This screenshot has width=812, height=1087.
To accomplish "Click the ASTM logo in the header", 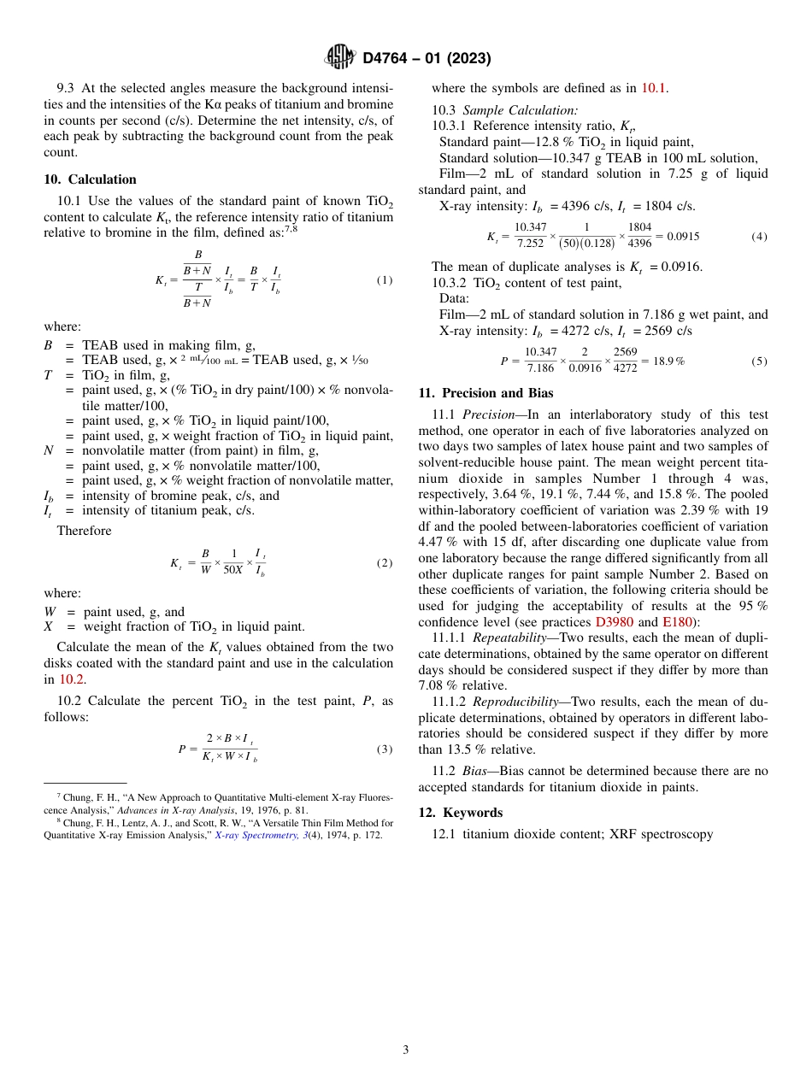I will tap(340, 57).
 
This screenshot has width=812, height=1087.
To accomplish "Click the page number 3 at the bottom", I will tap(405, 1049).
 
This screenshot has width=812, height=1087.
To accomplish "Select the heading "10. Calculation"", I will tap(90, 179).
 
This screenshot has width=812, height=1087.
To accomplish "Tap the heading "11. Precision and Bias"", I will tap(485, 393).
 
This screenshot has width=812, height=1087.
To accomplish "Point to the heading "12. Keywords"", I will tap(460, 812).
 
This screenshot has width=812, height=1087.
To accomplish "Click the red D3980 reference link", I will tap(614, 621).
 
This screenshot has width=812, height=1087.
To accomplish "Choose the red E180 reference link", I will tap(679, 621).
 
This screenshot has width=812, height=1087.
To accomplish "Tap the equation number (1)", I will tap(385, 280).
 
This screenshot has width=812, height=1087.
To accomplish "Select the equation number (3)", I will tap(385, 749).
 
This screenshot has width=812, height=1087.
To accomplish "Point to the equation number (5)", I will tap(759, 361).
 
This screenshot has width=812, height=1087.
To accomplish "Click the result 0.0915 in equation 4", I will tap(683, 236).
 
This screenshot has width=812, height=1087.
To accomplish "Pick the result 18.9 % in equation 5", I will tap(666, 361).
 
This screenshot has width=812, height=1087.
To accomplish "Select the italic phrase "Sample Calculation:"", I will tap(521, 109).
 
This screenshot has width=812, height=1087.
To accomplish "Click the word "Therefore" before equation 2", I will tap(84, 531).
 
